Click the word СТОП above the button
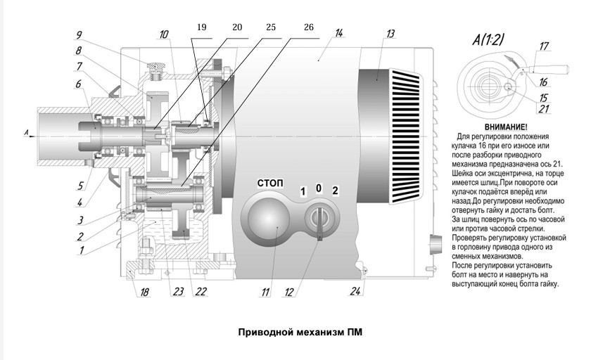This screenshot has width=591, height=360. coord(270,184)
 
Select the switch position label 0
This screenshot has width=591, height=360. coord(319,188)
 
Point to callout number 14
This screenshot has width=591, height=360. coord(339,33)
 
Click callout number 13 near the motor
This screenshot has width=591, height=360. coord(390,34)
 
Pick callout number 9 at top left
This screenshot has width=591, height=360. coord(78,35)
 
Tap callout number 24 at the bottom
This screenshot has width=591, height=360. coord(355,291)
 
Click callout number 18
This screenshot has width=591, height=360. coord(144,292)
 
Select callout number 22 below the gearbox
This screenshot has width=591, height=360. coord(201,292)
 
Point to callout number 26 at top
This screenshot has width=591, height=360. coord(308,27)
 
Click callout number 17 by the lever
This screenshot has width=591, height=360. coord(544,46)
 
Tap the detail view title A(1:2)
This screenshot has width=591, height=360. coord(488,39)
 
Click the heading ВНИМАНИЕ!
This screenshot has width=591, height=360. coord(506,127)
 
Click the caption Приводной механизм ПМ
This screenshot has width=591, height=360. coord(300,333)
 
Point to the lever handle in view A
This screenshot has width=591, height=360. coord(550,70)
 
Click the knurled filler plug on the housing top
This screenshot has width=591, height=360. coord(155,67)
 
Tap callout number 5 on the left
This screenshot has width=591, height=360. coord(81,186)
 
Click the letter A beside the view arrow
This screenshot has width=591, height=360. coord(26,132)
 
